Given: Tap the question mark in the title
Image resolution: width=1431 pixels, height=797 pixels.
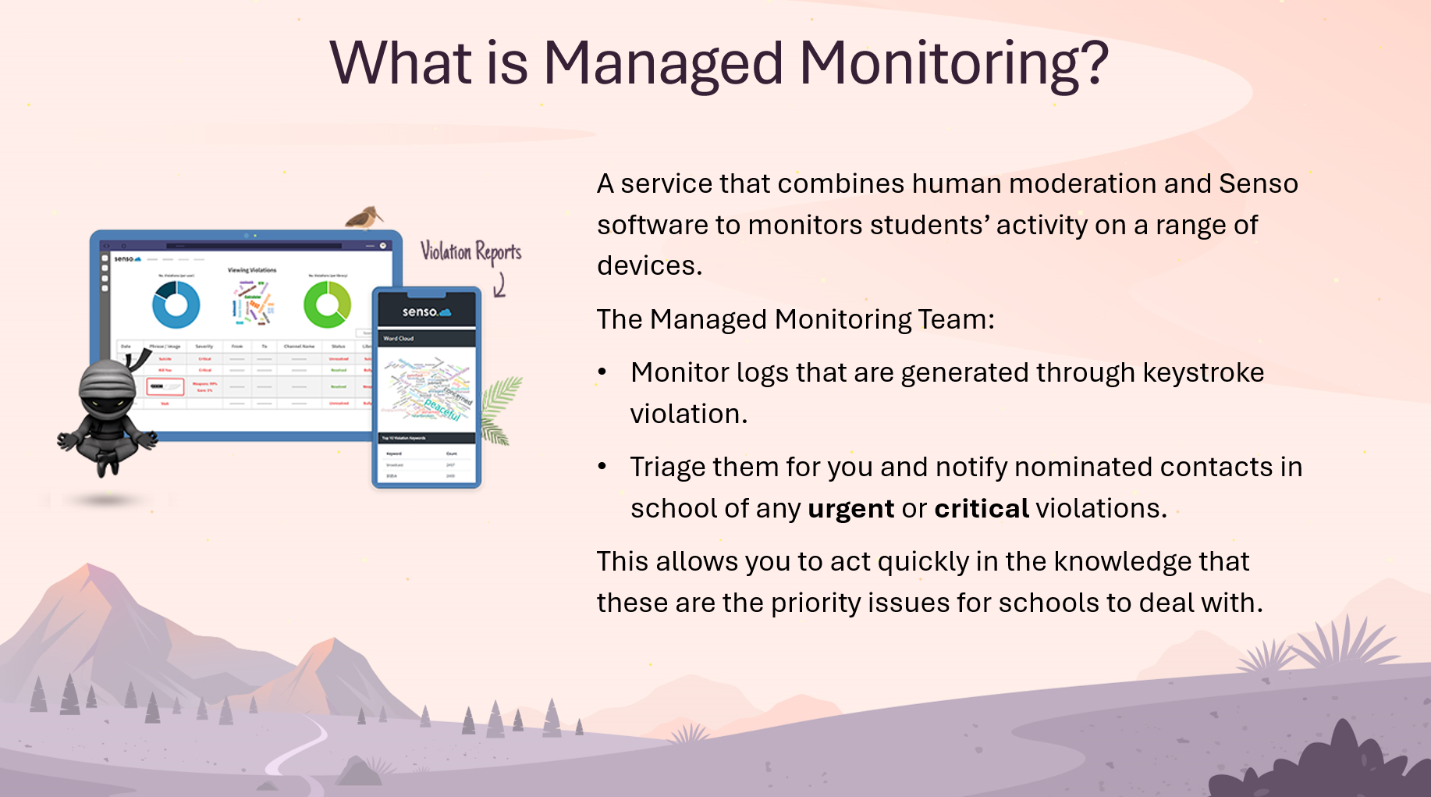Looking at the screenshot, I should (x=1093, y=63).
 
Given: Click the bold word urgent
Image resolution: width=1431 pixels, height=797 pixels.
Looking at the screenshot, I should (x=850, y=509).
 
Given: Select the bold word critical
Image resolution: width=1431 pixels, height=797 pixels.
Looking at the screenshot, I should (x=982, y=509).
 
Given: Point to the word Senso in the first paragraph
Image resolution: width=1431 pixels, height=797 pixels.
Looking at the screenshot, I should (x=1258, y=183).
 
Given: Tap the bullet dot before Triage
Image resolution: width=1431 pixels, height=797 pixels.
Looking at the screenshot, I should (x=602, y=467).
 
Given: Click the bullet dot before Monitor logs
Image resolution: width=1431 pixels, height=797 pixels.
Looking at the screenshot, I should (x=602, y=372).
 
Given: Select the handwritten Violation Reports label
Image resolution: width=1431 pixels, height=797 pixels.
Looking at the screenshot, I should (x=470, y=252).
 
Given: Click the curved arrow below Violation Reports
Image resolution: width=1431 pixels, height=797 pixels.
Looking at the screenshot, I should (x=500, y=286).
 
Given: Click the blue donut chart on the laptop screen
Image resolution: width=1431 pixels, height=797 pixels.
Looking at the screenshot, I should (x=176, y=304).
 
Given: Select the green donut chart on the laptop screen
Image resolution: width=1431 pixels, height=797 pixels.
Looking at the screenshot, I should (x=327, y=304).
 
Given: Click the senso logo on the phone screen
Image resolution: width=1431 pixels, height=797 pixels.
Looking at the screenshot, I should (x=426, y=312).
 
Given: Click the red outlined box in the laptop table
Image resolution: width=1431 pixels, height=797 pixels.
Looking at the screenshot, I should (x=165, y=386).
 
